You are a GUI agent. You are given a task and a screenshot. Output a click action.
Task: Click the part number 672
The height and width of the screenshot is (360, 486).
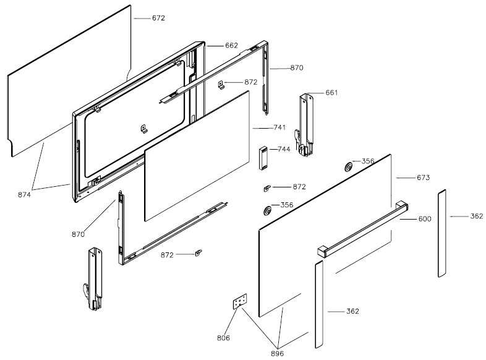[x=158, y=18]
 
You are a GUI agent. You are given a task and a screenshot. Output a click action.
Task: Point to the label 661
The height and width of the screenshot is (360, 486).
[x=331, y=93]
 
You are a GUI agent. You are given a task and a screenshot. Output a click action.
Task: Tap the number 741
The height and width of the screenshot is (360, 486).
[x=279, y=127]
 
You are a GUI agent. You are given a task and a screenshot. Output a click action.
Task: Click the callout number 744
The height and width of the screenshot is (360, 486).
[x=284, y=150]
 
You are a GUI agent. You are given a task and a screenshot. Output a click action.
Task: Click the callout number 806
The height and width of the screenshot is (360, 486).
[x=224, y=338]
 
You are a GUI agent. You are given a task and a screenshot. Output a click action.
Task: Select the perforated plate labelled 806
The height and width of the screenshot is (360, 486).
[x=239, y=301]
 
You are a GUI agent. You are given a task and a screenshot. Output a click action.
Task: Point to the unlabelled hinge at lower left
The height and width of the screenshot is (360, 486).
[x=94, y=278]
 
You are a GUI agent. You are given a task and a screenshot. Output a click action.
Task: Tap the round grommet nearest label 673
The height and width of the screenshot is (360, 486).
[x=349, y=166]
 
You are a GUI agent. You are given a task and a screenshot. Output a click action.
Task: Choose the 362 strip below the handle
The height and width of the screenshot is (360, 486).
[x=318, y=303]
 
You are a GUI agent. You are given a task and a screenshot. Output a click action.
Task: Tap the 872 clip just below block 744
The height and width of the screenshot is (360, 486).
[x=268, y=187]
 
